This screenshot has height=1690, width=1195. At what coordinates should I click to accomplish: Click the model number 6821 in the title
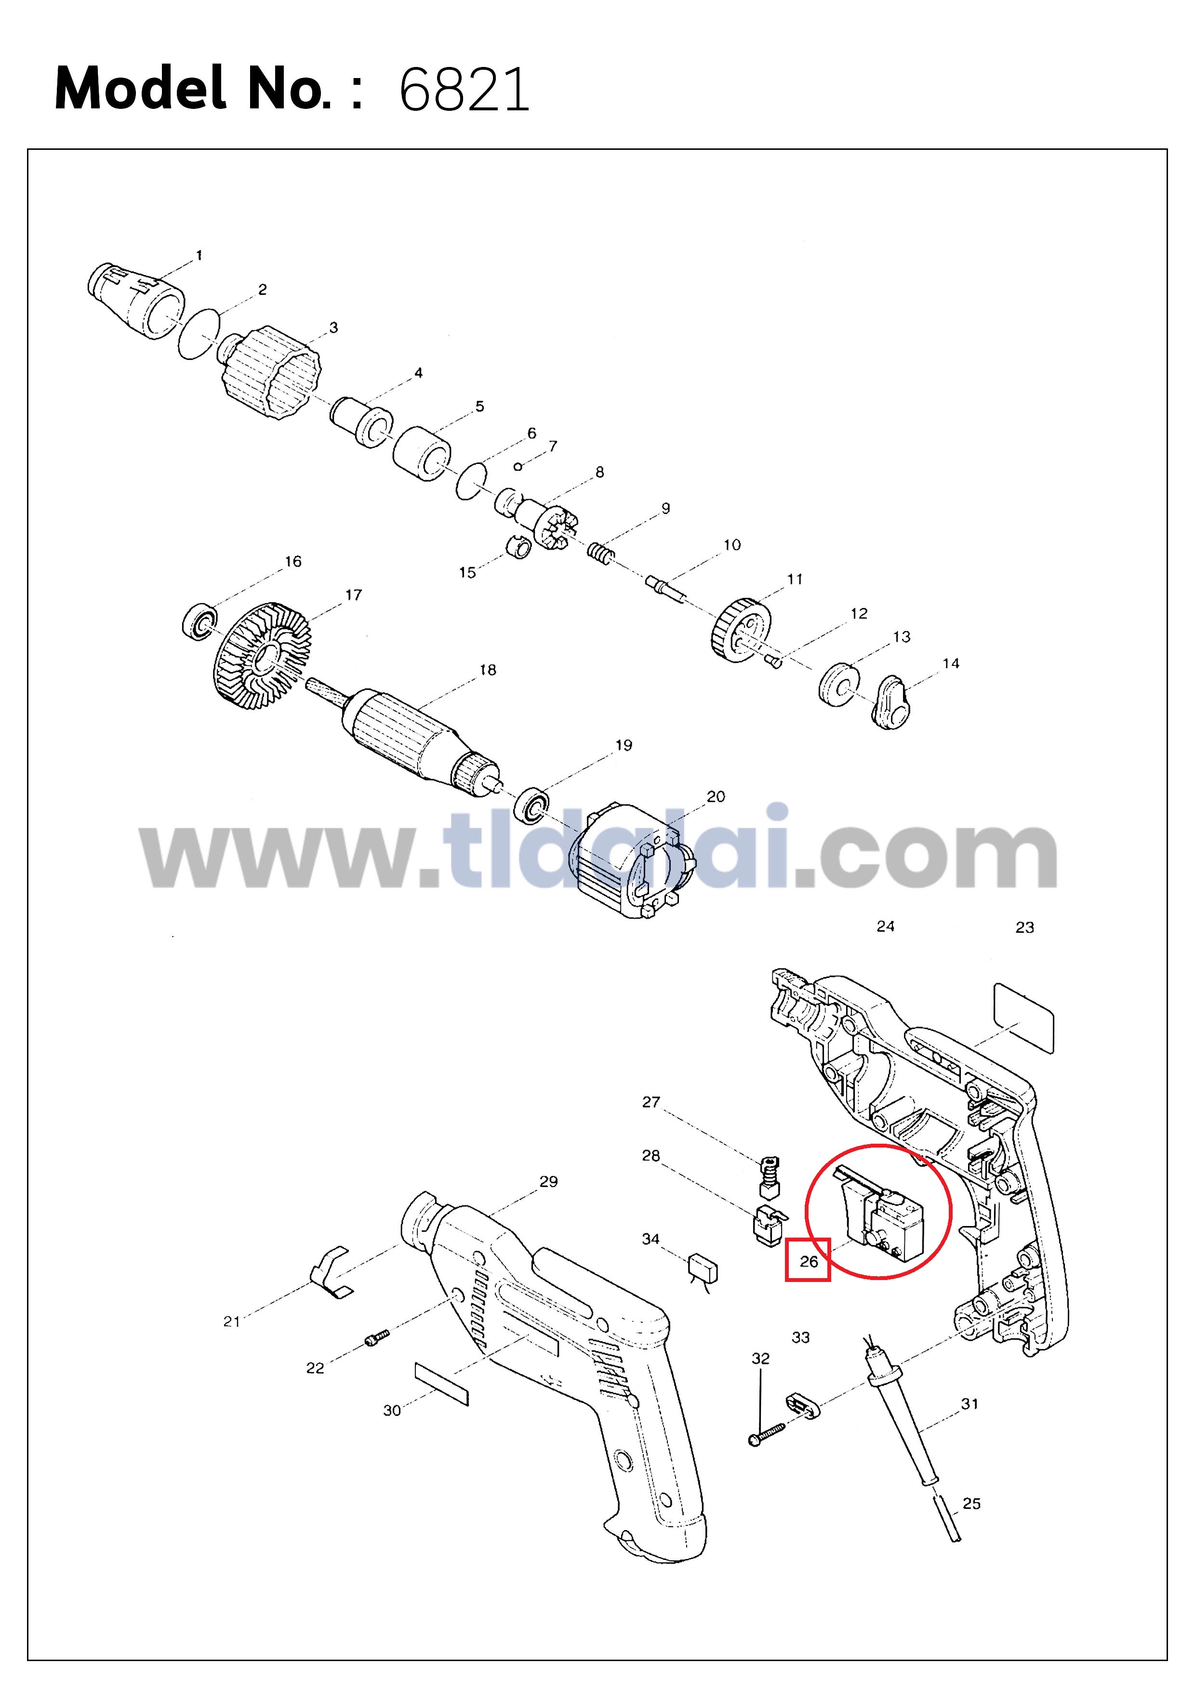[464, 90]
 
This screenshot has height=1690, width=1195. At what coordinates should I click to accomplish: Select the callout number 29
[548, 1181]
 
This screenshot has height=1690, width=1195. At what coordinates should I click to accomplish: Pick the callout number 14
[951, 663]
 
